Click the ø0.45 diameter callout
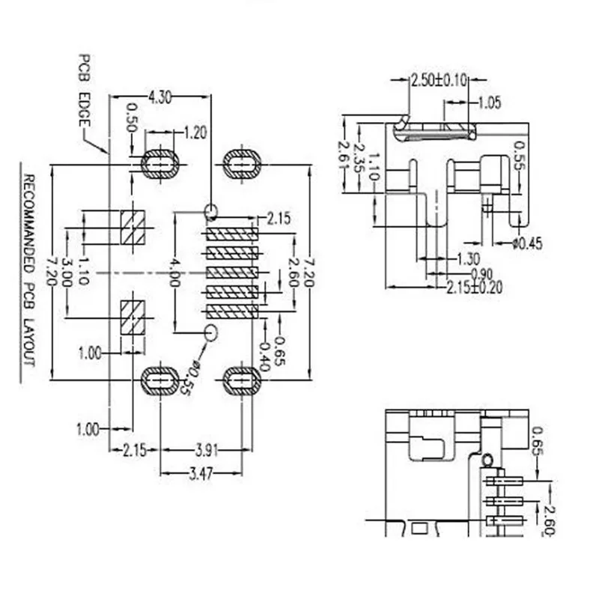(528, 243)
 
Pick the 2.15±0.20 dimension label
(472, 287)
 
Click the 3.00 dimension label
(67, 270)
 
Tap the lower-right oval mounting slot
(241, 381)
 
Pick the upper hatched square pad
(132, 228)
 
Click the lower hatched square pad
(132, 317)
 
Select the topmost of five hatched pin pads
(232, 234)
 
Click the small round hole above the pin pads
(210, 210)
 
